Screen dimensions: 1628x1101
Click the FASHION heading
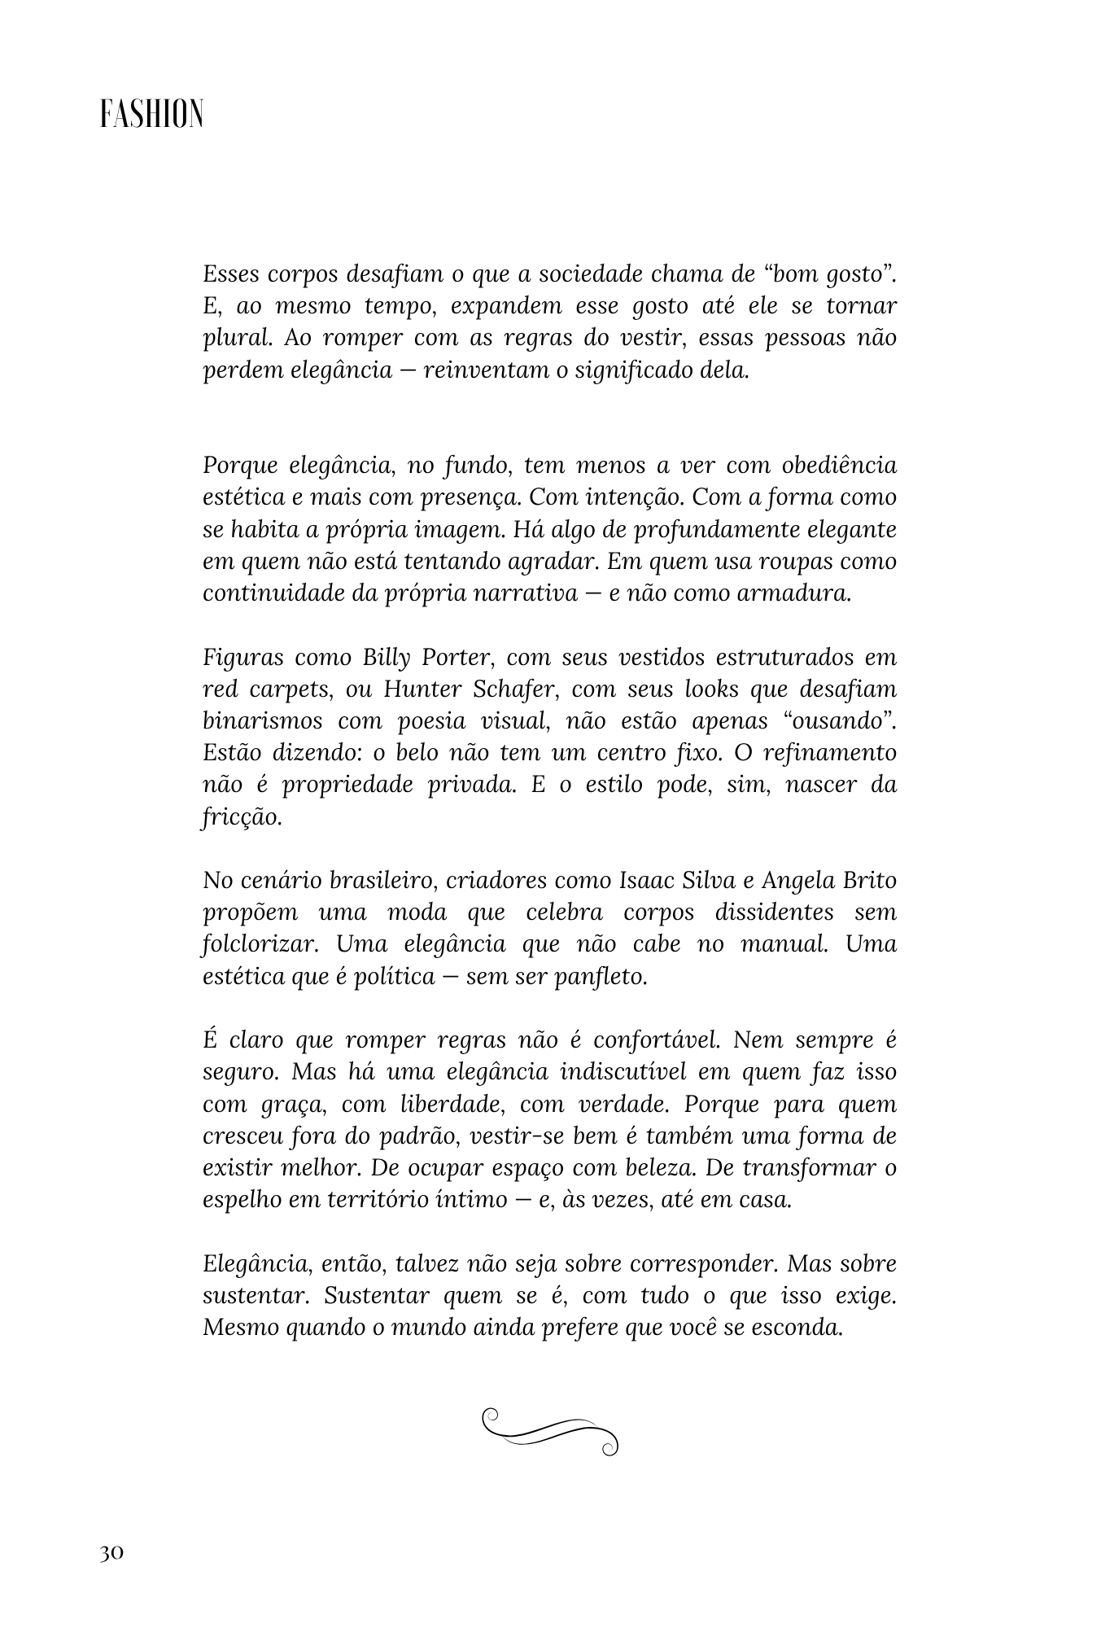click(151, 116)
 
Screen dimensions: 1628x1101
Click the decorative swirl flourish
click(551, 1431)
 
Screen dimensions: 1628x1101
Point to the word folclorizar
click(259, 944)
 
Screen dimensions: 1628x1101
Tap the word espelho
click(242, 1200)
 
